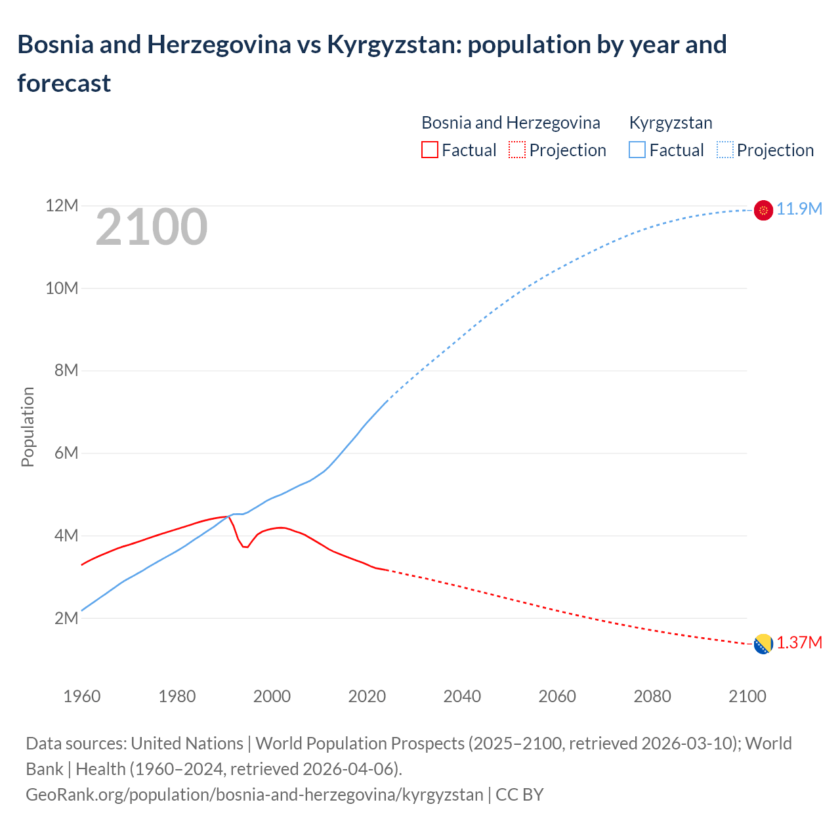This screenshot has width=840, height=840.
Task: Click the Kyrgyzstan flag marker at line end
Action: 763,210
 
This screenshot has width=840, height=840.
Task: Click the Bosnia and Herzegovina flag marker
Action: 763,644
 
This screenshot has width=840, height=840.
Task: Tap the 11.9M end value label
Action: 799,209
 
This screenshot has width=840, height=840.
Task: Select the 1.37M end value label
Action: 799,642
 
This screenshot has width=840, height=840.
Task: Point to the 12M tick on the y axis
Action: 62,206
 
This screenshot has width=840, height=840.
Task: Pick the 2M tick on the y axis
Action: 65,618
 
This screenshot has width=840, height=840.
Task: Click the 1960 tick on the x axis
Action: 82,696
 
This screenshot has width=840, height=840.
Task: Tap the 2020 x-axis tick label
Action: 367,696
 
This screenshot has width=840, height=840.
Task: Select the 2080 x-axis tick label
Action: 652,696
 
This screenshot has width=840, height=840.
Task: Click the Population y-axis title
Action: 28,427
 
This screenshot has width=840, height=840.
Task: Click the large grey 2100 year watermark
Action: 152,227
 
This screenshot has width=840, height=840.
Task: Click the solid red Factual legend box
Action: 429,150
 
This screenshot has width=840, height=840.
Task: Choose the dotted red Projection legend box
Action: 517,150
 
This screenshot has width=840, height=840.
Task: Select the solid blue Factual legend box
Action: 637,150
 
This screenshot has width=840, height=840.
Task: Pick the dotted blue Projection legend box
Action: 725,150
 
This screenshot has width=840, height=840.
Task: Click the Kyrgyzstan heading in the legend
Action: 671,123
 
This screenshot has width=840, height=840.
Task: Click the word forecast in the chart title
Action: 64,83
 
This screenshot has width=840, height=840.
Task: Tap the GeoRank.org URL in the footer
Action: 254,795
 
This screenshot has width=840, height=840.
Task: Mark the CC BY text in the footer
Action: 520,795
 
